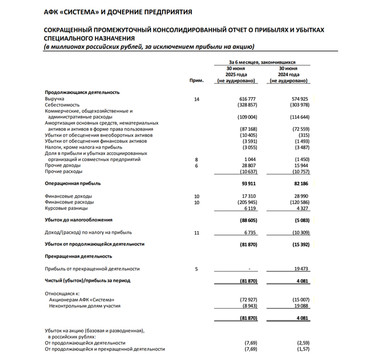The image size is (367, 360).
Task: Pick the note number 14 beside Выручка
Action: click(x=197, y=99)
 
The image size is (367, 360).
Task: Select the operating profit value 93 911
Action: click(x=249, y=184)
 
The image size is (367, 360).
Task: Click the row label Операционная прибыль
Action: click(x=72, y=184)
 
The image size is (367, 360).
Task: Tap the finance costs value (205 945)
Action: click(x=246, y=202)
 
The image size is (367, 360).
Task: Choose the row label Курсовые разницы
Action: click(x=65, y=208)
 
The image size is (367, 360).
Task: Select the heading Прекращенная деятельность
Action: click(x=78, y=256)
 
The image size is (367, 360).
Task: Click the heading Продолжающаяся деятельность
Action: click(x=82, y=92)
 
